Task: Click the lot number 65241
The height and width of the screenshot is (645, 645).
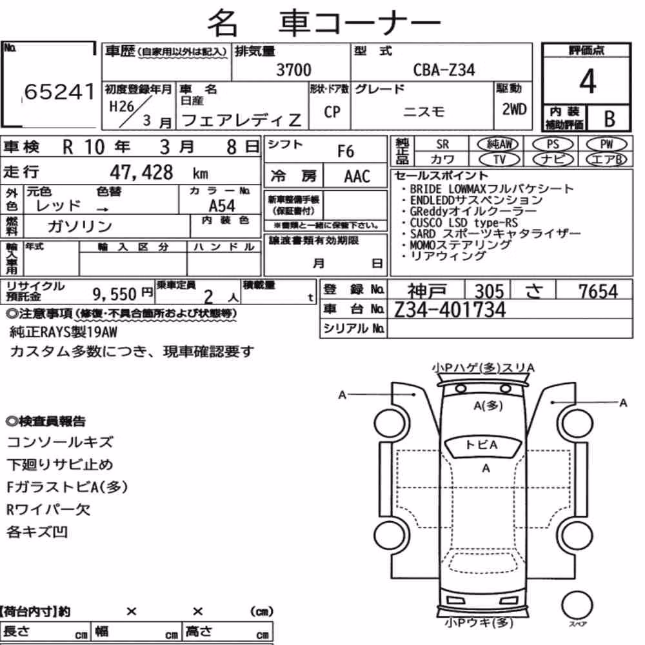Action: tap(59, 92)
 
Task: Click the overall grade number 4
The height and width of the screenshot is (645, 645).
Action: tap(588, 81)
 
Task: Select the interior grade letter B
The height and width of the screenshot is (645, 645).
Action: tap(610, 119)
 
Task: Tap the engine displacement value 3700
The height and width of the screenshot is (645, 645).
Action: tap(293, 70)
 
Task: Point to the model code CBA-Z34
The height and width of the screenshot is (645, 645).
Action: tap(444, 70)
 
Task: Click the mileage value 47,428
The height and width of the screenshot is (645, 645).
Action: tap(141, 172)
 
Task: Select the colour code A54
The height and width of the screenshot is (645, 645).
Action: tap(222, 206)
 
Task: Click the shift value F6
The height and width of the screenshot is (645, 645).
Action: tap(346, 152)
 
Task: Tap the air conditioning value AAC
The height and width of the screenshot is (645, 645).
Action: tap(357, 177)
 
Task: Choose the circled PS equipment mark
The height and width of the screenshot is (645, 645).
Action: tap(553, 144)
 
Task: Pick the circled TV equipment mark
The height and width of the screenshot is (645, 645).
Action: tap(499, 159)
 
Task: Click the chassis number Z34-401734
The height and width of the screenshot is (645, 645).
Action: tap(450, 310)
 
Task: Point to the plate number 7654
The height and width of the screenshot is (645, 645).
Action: tap(598, 292)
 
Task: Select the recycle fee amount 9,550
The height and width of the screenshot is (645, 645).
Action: tap(114, 294)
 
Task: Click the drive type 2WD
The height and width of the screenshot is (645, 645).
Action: tap(514, 110)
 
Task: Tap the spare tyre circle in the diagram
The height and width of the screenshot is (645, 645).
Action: tap(577, 606)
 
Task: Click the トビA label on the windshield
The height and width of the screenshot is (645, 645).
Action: tap(482, 444)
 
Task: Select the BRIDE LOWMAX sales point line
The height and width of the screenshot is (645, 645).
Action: tap(491, 189)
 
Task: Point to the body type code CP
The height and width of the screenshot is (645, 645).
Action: tap(332, 112)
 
